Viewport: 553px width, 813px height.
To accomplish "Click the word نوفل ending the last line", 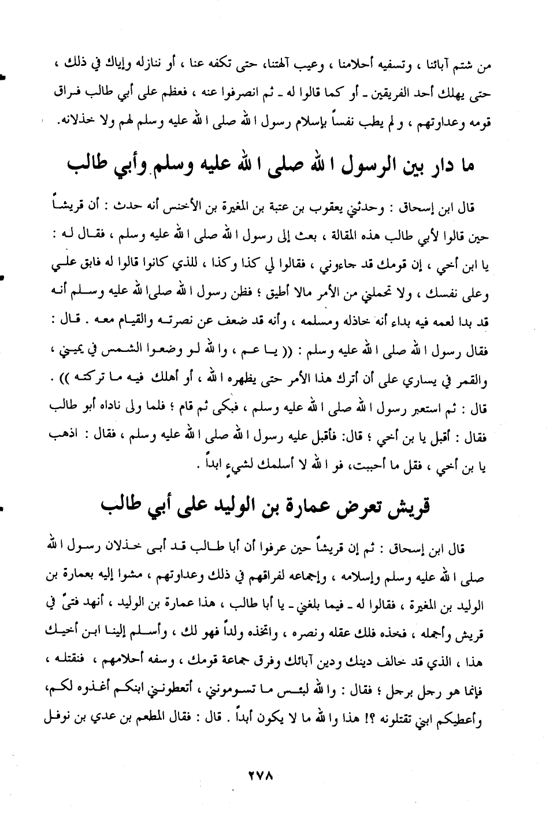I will click(64, 721).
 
